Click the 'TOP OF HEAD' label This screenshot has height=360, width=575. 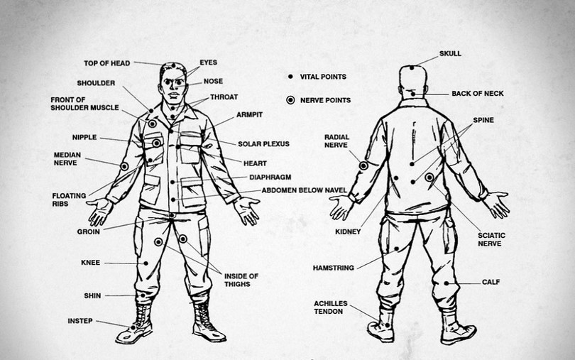(x=106, y=63)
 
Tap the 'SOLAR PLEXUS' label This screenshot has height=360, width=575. (x=263, y=143)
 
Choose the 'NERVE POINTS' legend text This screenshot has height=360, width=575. (x=325, y=100)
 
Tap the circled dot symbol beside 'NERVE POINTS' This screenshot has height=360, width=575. (x=290, y=100)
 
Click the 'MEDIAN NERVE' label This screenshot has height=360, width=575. (x=67, y=158)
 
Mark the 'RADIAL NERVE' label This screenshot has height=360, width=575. (x=336, y=141)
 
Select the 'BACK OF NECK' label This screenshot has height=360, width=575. (x=478, y=93)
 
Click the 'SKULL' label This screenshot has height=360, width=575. (x=450, y=53)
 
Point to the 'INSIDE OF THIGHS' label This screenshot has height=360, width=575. (x=241, y=280)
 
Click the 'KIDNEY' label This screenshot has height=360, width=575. (x=348, y=231)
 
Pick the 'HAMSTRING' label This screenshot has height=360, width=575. (x=334, y=268)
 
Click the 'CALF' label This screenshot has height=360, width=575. (x=491, y=282)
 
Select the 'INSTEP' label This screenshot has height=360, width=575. (x=80, y=321)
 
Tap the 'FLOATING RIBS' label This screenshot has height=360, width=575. (x=69, y=200)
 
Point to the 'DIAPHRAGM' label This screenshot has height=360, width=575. (x=271, y=177)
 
